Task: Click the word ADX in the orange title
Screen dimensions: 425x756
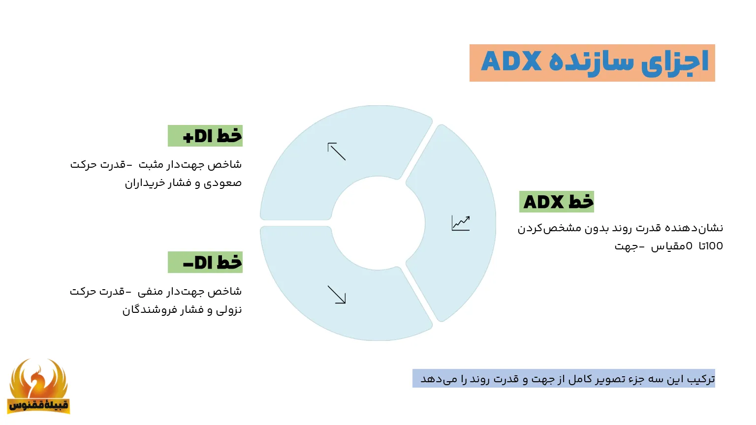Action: [511, 62]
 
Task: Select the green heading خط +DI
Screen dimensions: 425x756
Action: [205, 136]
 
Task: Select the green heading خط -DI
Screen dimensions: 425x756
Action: [205, 262]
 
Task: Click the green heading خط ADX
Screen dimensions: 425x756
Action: [557, 202]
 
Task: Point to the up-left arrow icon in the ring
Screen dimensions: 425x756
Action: [337, 152]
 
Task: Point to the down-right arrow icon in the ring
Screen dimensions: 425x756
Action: [337, 295]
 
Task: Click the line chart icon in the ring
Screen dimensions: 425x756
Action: [461, 223]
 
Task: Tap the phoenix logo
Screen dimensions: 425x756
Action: [38, 386]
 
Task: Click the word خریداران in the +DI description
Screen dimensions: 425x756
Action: [143, 183]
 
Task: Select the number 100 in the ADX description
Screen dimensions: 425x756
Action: [714, 246]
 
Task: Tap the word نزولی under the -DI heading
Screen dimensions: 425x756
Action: [229, 310]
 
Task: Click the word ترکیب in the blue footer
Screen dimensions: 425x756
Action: [701, 379]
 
